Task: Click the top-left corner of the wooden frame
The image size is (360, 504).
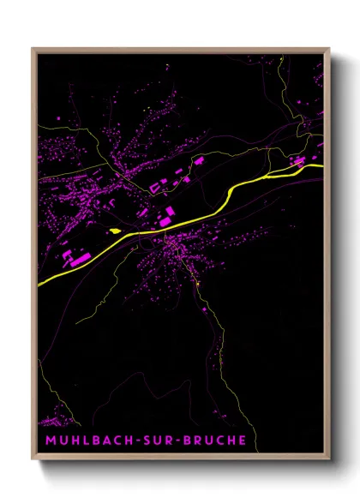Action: coord(33,49)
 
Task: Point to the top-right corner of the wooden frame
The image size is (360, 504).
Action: coord(328,49)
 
